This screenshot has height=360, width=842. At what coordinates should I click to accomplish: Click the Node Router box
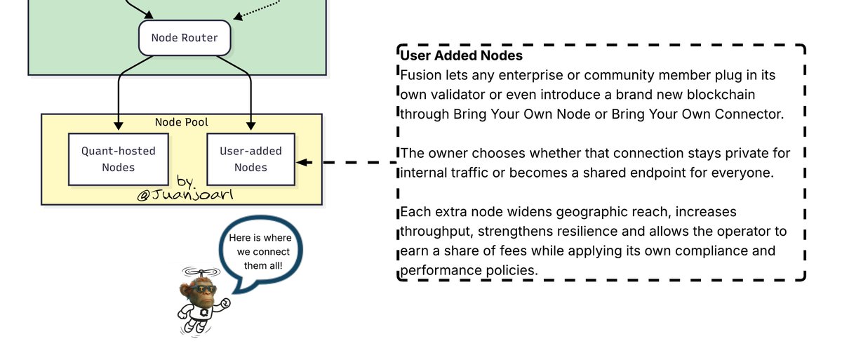[185, 37]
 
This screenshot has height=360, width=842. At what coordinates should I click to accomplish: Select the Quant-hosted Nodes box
[118, 159]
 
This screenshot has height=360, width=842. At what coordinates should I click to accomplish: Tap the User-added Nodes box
[250, 159]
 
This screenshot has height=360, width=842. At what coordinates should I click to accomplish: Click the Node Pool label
[181, 122]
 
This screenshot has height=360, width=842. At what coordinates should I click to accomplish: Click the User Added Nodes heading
[461, 55]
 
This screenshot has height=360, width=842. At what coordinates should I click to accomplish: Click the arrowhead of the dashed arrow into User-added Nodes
[301, 162]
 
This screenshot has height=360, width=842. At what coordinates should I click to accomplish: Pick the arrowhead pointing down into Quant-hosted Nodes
[119, 126]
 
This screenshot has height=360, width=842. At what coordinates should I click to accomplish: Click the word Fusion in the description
[420, 74]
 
